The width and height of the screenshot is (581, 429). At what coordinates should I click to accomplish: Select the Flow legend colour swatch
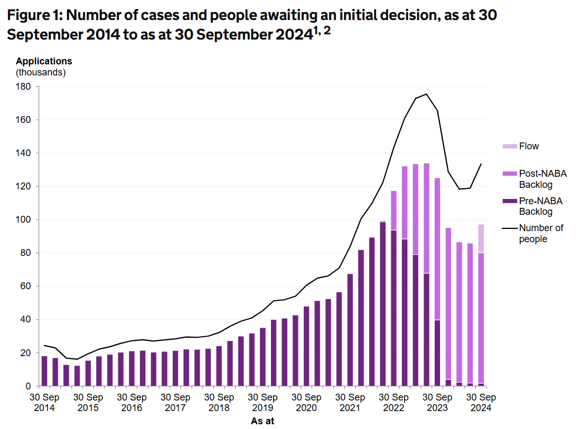pyautogui.click(x=510, y=146)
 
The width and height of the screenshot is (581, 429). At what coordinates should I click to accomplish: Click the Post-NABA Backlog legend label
pyautogui.click(x=542, y=178)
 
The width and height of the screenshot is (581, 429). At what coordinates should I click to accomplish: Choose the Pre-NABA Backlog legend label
pyautogui.click(x=541, y=206)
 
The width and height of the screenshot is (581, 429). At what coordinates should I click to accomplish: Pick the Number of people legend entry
pyautogui.click(x=541, y=233)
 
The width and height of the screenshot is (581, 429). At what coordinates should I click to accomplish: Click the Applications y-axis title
pyautogui.click(x=44, y=61)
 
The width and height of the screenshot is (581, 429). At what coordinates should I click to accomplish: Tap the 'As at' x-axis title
pyautogui.click(x=263, y=421)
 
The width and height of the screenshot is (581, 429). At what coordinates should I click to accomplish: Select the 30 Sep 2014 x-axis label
pyautogui.click(x=44, y=403)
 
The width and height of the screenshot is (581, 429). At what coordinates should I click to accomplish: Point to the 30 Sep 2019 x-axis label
pyautogui.click(x=263, y=403)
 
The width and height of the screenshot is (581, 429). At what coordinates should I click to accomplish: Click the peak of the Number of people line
pyautogui.click(x=426, y=94)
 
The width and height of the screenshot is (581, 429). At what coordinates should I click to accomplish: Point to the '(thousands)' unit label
pyautogui.click(x=41, y=72)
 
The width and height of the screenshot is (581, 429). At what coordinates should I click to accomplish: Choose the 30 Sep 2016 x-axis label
pyautogui.click(x=132, y=403)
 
